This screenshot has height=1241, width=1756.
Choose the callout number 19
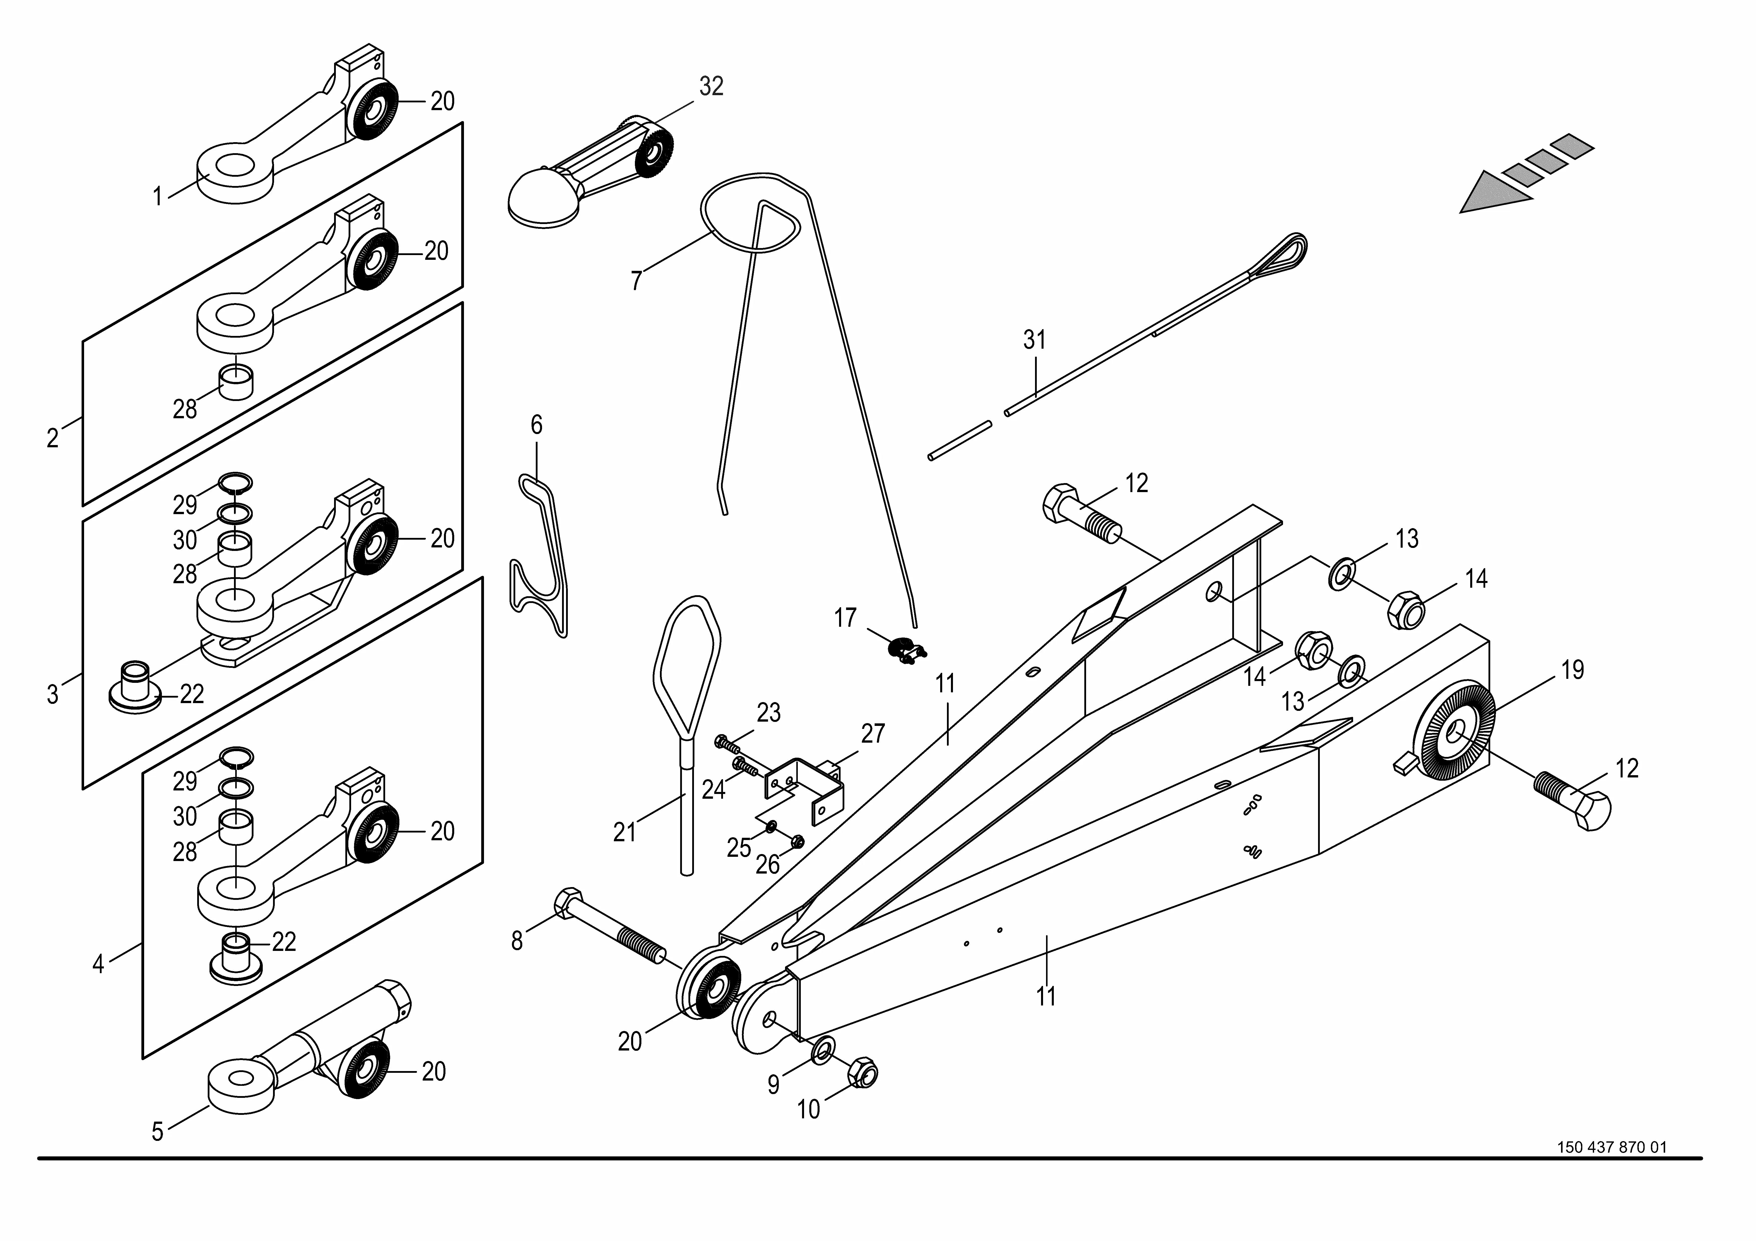1572,670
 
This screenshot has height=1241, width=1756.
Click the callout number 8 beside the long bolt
517,941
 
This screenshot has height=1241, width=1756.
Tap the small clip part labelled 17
905,650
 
